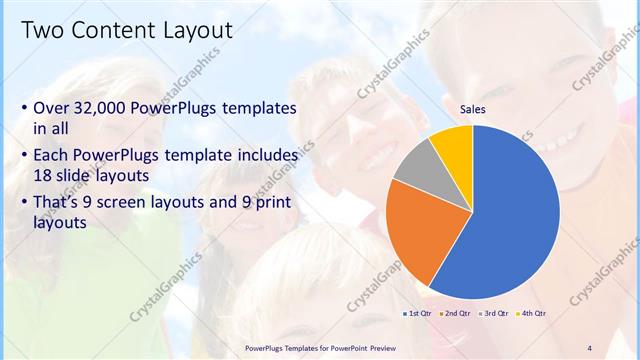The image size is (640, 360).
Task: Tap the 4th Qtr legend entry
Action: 531,313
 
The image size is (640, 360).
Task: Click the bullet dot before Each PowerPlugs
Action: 24,156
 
